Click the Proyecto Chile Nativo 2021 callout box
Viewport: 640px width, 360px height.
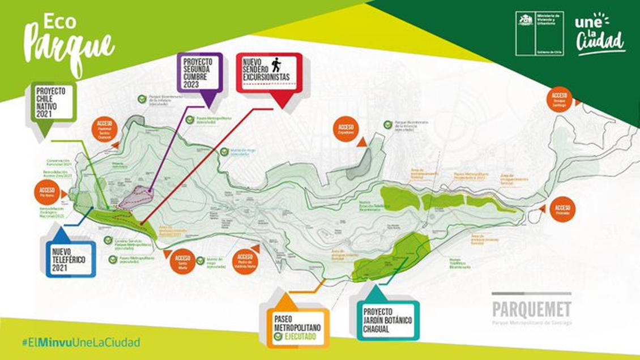pos(54,102)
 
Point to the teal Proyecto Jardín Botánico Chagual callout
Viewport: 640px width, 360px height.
pos(388,320)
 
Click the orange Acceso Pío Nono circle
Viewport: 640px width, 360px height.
pos(46,192)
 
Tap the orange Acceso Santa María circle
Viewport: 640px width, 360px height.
pos(182,261)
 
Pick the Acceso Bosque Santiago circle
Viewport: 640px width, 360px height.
pos(559,100)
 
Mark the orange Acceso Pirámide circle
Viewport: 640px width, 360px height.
pos(562,209)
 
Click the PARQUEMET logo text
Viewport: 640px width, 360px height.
pos(531,310)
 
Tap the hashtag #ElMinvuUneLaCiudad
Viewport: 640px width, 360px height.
pos(80,342)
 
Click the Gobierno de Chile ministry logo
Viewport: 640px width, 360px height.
pos(539,33)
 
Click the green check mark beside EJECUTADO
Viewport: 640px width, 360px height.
pos(278,337)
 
